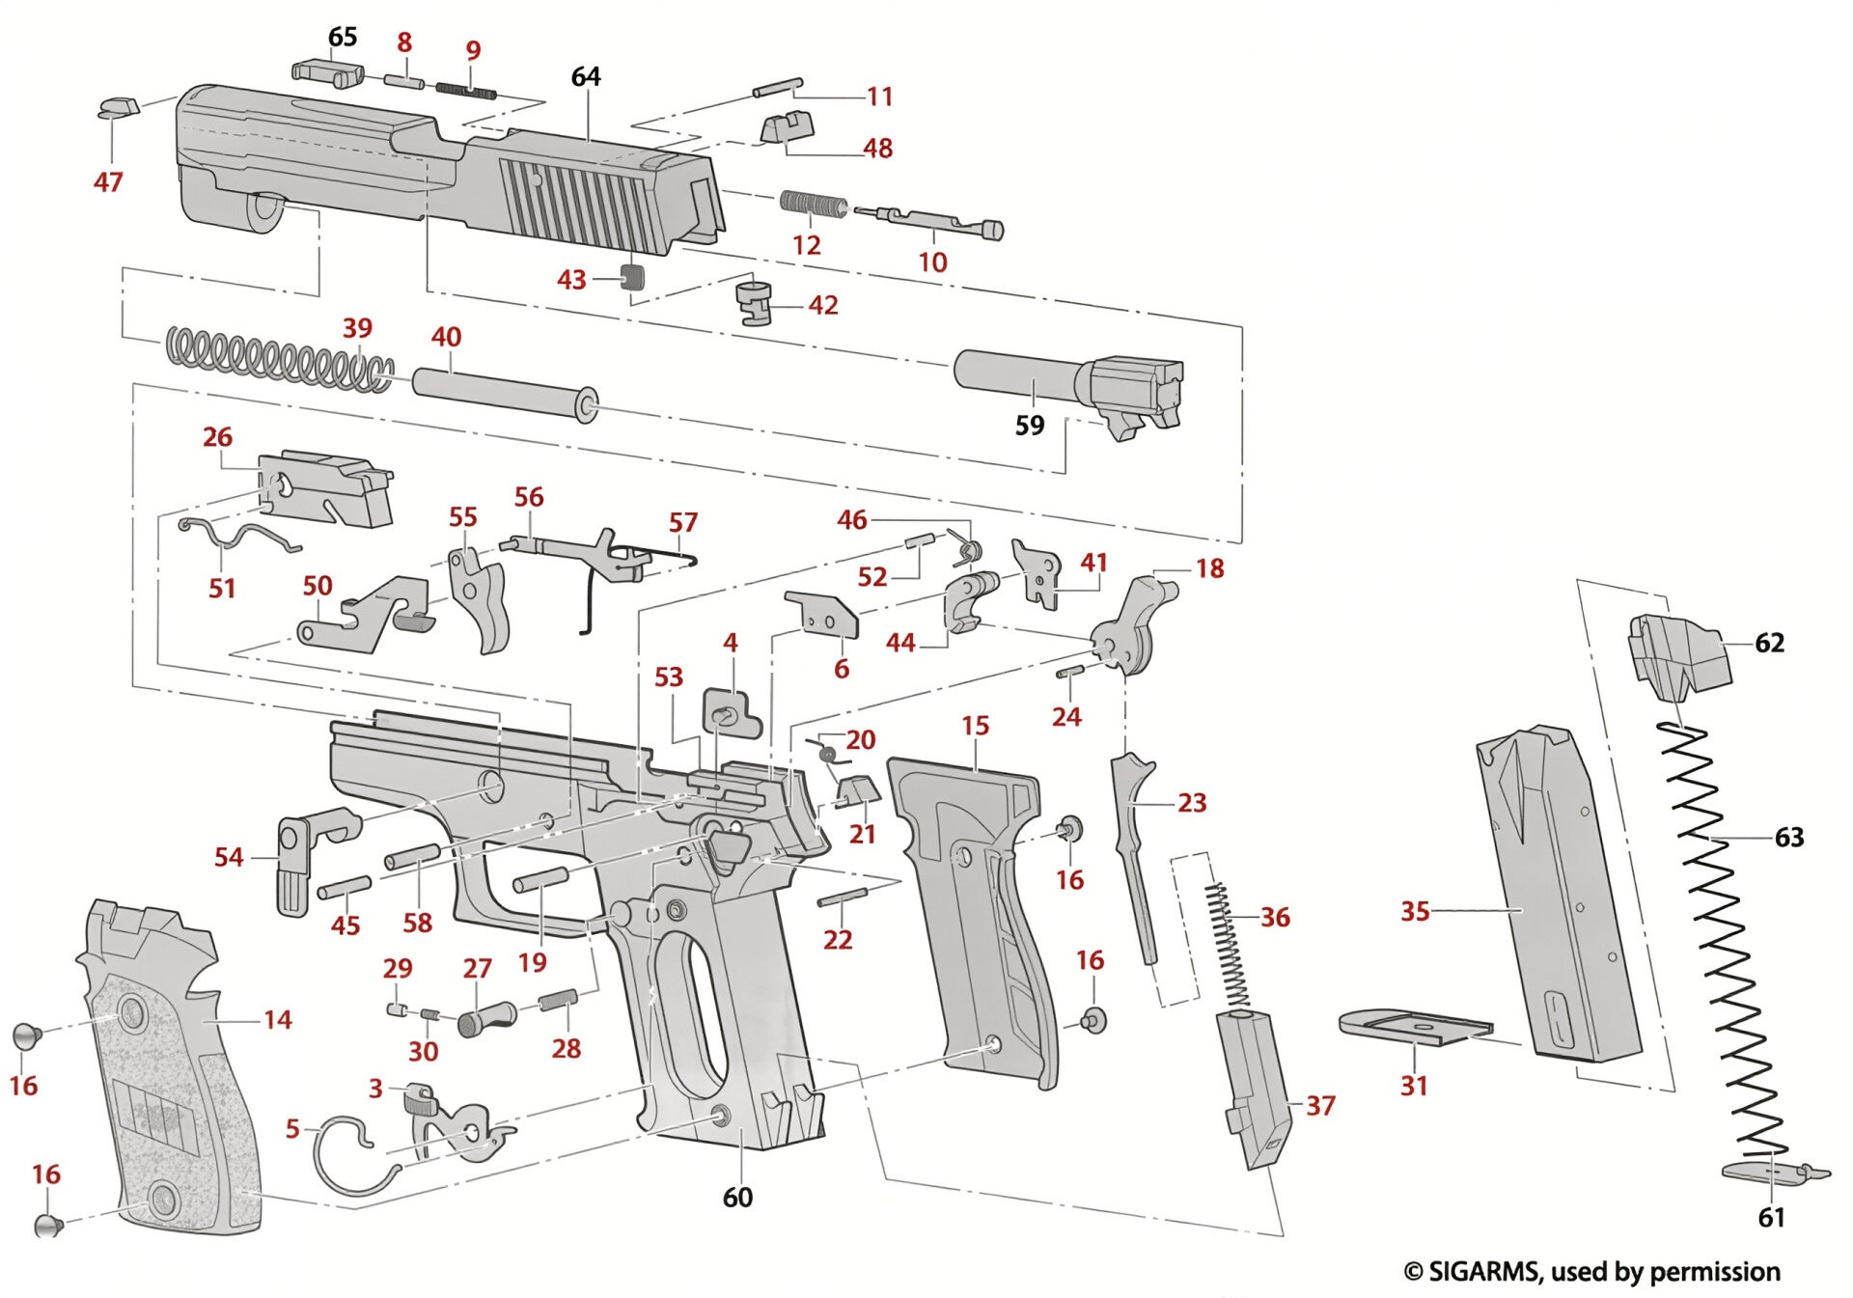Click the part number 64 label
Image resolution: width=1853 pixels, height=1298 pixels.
tap(586, 76)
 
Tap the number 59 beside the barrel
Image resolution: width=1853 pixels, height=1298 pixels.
tap(1030, 425)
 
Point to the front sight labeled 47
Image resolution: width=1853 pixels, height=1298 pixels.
tap(119, 106)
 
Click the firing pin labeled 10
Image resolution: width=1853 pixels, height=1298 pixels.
tap(936, 222)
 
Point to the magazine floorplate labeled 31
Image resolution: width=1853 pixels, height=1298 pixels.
tap(1414, 1028)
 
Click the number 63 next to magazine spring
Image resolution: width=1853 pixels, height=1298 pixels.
tap(1789, 838)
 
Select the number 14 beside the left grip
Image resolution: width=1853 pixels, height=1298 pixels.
tap(278, 1019)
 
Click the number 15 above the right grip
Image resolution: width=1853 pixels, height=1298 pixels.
tap(975, 726)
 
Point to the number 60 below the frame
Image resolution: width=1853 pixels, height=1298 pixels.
tap(737, 1197)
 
